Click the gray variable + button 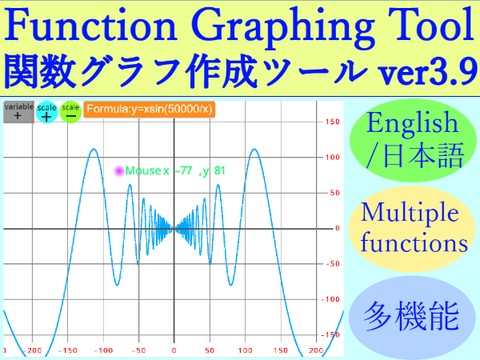click(x=16, y=111)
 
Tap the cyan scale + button click(x=46, y=112)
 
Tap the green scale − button click(x=70, y=112)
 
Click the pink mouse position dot click(x=119, y=171)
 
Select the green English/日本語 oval click(x=414, y=139)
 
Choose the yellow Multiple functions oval click(x=414, y=228)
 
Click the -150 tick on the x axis click(x=69, y=351)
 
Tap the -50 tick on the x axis click(x=139, y=351)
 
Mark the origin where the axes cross click(x=175, y=228)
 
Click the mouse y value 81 click(x=219, y=171)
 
